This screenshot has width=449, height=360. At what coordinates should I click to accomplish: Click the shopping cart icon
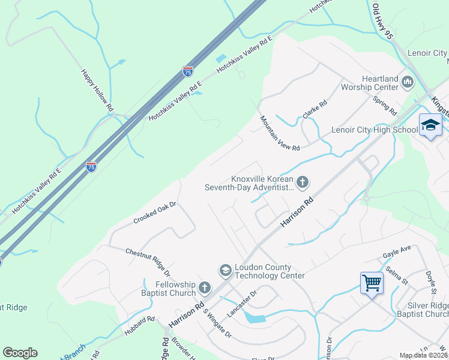tap(372, 281)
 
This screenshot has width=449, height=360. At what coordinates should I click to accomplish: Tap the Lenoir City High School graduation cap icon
tap(430, 125)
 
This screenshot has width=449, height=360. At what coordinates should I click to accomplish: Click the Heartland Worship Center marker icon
tap(408, 81)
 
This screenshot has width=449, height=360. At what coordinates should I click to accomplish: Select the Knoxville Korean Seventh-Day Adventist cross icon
tap(303, 181)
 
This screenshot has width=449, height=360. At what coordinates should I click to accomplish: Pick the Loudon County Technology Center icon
tap(225, 271)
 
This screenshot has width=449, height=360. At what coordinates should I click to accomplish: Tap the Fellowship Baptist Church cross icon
tap(205, 288)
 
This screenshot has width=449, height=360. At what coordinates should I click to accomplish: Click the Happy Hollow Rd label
tap(97, 89)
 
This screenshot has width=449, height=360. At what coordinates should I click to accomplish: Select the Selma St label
tap(397, 276)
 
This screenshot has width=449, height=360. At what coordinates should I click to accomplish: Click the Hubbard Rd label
tap(141, 324)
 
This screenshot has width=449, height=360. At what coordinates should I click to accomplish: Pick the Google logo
tap(20, 353)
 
